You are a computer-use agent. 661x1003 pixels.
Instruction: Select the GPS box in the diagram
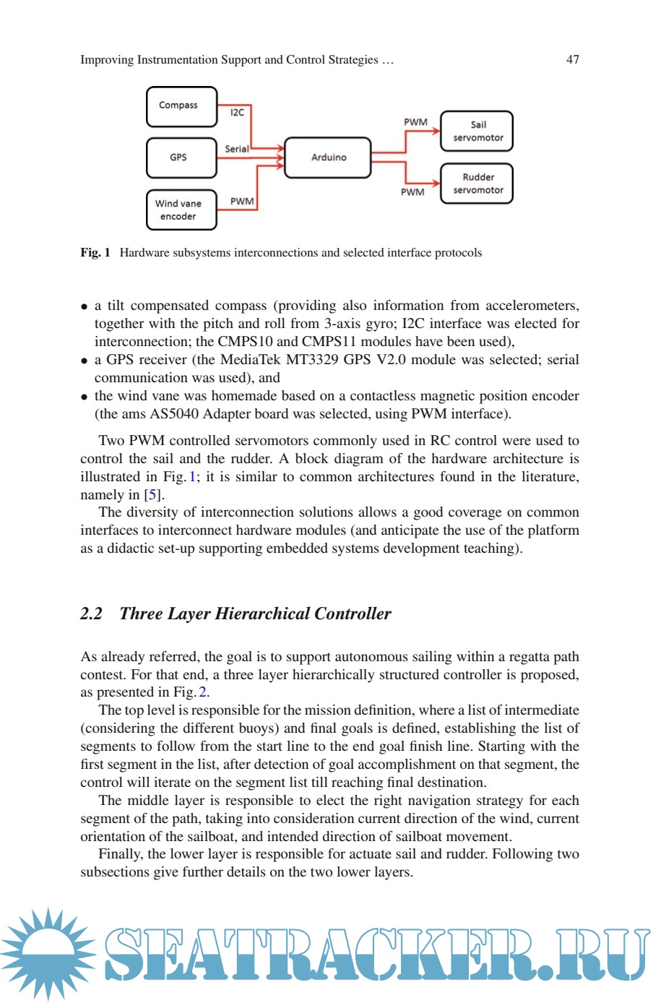tap(181, 158)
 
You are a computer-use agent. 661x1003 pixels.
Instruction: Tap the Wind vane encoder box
tap(181, 210)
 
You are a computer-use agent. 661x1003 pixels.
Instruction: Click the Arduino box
tap(328, 158)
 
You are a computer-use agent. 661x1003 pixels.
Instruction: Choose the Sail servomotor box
tap(477, 131)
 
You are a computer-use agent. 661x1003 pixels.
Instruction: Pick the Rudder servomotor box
tap(477, 184)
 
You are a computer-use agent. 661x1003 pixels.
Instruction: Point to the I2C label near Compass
tap(237, 113)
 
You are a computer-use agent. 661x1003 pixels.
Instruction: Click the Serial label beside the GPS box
tap(236, 149)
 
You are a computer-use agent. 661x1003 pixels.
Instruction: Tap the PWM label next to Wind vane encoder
tap(242, 202)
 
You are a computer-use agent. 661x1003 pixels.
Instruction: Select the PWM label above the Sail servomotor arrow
tap(415, 122)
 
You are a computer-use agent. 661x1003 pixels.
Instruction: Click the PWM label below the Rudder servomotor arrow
tap(412, 192)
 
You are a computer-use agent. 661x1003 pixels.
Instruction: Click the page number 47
tap(572, 60)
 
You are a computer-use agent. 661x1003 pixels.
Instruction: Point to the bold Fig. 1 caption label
tap(95, 253)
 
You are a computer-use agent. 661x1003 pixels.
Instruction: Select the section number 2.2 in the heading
tap(91, 614)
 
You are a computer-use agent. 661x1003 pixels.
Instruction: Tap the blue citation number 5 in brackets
tap(152, 495)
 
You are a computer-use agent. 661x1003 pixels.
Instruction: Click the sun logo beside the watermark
tap(48, 952)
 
